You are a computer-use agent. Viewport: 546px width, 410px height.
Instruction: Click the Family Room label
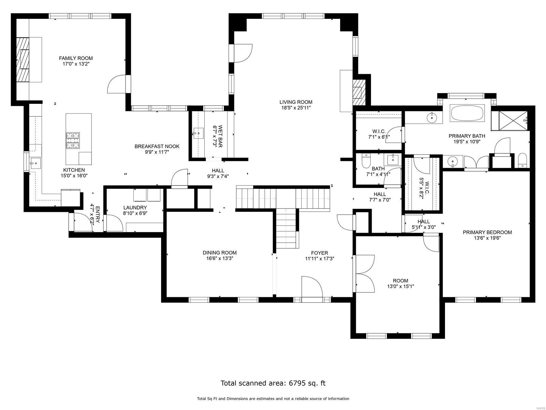(75, 58)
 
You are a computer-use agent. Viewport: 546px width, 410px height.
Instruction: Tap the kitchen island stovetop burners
(73, 140)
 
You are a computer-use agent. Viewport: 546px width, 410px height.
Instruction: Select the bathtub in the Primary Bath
(467, 113)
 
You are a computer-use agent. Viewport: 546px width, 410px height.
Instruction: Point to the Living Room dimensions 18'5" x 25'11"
(296, 108)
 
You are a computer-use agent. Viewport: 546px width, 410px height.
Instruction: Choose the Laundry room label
(135, 207)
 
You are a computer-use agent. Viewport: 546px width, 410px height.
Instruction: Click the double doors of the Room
(364, 274)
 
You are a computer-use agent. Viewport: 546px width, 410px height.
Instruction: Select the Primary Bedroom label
(487, 232)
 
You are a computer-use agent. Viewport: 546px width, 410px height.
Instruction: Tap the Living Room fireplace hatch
(358, 93)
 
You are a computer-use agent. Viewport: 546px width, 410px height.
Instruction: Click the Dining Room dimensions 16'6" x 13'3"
(219, 259)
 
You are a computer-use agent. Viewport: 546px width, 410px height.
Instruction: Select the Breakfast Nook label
(157, 146)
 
